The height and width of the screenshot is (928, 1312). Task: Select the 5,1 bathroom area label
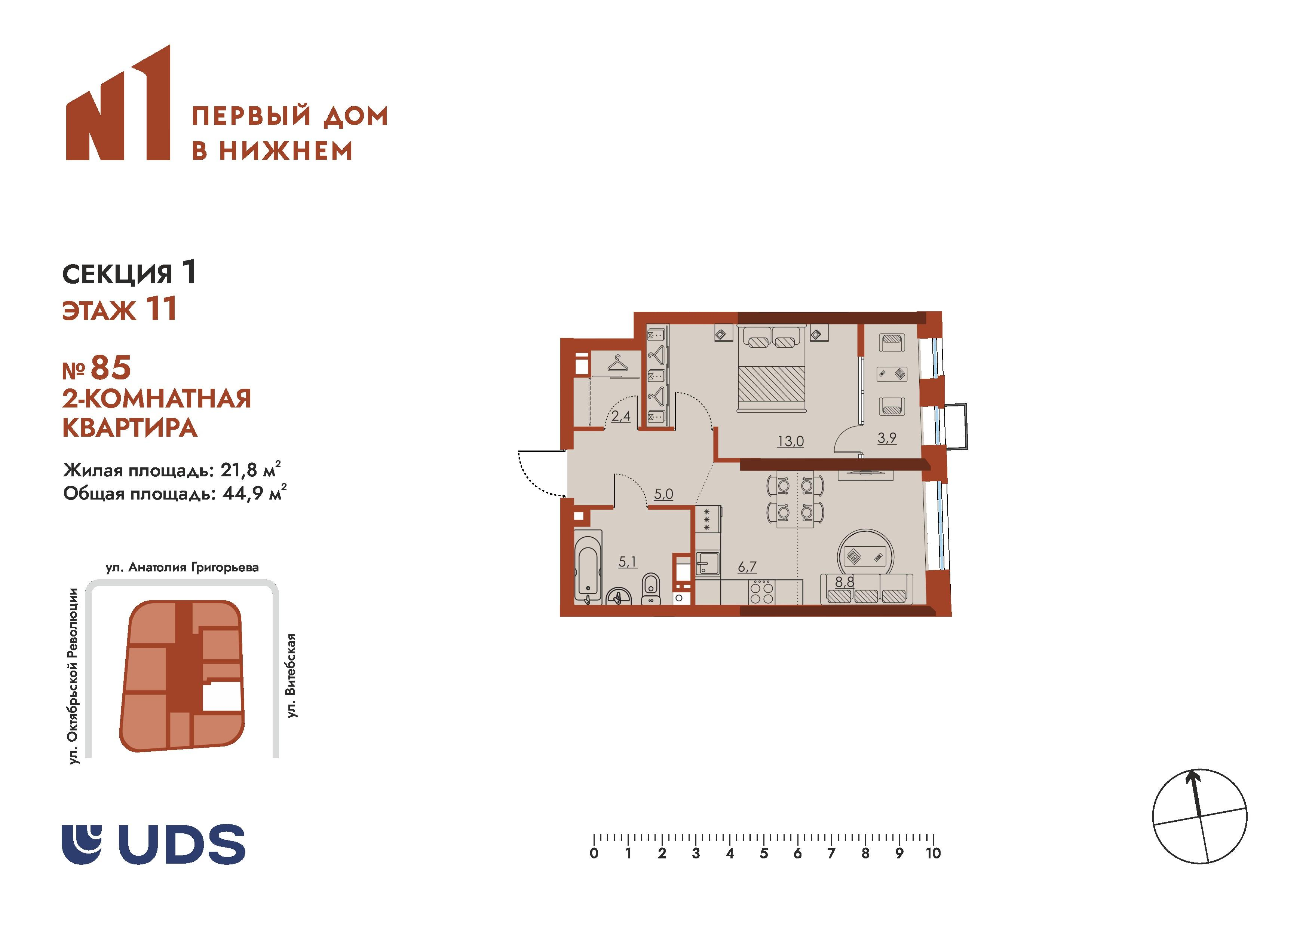628,562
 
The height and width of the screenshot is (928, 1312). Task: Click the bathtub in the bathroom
588,567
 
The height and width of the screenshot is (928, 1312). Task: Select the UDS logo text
185,844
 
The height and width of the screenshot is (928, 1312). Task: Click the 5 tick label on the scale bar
763,854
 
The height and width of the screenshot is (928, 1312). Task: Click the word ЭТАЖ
99,311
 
